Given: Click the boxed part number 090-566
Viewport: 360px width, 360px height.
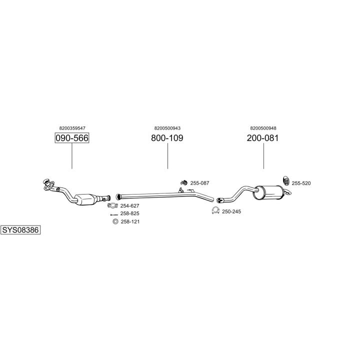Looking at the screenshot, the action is (72, 138).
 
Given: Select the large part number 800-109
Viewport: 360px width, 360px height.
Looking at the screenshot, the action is (167, 138).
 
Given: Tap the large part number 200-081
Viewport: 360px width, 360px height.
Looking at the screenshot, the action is (262, 138).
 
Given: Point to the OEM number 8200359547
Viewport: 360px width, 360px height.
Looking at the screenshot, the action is (72, 128).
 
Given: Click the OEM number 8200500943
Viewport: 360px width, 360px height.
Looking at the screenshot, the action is (167, 128).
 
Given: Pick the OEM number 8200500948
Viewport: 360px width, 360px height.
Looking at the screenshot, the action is (263, 128).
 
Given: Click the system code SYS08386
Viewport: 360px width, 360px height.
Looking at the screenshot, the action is (20, 230).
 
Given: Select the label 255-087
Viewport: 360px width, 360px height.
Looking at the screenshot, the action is (199, 183).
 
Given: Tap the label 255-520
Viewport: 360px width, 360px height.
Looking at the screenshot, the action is (301, 183).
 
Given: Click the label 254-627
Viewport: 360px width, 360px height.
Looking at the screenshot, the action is (129, 205).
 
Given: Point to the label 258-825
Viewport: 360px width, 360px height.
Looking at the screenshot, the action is (129, 213).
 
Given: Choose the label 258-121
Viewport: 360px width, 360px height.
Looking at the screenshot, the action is (130, 221).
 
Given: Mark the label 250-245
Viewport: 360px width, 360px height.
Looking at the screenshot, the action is (231, 211).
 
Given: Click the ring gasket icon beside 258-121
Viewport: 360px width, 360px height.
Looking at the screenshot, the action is (115, 221).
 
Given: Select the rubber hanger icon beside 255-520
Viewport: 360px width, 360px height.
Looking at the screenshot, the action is (286, 181).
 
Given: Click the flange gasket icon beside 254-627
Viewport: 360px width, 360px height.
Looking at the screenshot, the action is (112, 205).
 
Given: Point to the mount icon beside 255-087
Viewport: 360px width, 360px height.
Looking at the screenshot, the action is (184, 182).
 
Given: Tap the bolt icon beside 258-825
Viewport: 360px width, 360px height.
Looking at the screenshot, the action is (114, 215).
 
